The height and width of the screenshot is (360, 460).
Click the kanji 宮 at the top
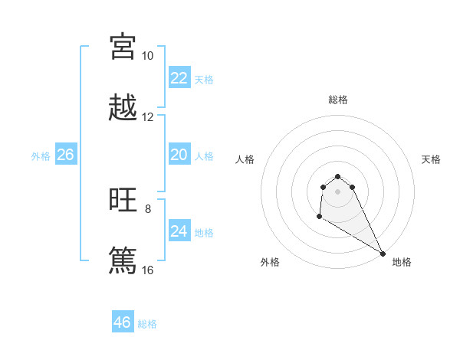click(123, 47)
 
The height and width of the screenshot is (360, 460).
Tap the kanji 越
click(123, 108)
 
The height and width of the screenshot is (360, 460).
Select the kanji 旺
click(123, 201)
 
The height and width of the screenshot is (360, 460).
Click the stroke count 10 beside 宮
click(147, 56)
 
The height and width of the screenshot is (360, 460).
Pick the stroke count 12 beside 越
click(147, 117)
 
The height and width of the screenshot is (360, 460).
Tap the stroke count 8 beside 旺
click(148, 208)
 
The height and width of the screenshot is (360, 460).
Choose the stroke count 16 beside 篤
click(147, 270)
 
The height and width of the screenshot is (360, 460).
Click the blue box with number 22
click(179, 78)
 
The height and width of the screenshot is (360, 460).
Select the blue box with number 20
click(179, 155)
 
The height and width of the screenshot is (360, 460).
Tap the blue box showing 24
click(179, 231)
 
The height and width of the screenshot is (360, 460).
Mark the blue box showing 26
click(65, 155)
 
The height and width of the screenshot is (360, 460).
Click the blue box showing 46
click(123, 322)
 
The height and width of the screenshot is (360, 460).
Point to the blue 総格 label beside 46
click(147, 324)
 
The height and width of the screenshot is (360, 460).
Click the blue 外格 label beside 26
click(41, 156)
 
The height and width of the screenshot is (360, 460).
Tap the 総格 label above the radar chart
click(338, 100)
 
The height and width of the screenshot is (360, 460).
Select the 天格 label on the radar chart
click(431, 159)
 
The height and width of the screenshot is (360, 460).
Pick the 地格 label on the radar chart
click(402, 262)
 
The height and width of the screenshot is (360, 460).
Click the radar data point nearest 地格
click(383, 253)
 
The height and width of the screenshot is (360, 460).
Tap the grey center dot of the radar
click(337, 191)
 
